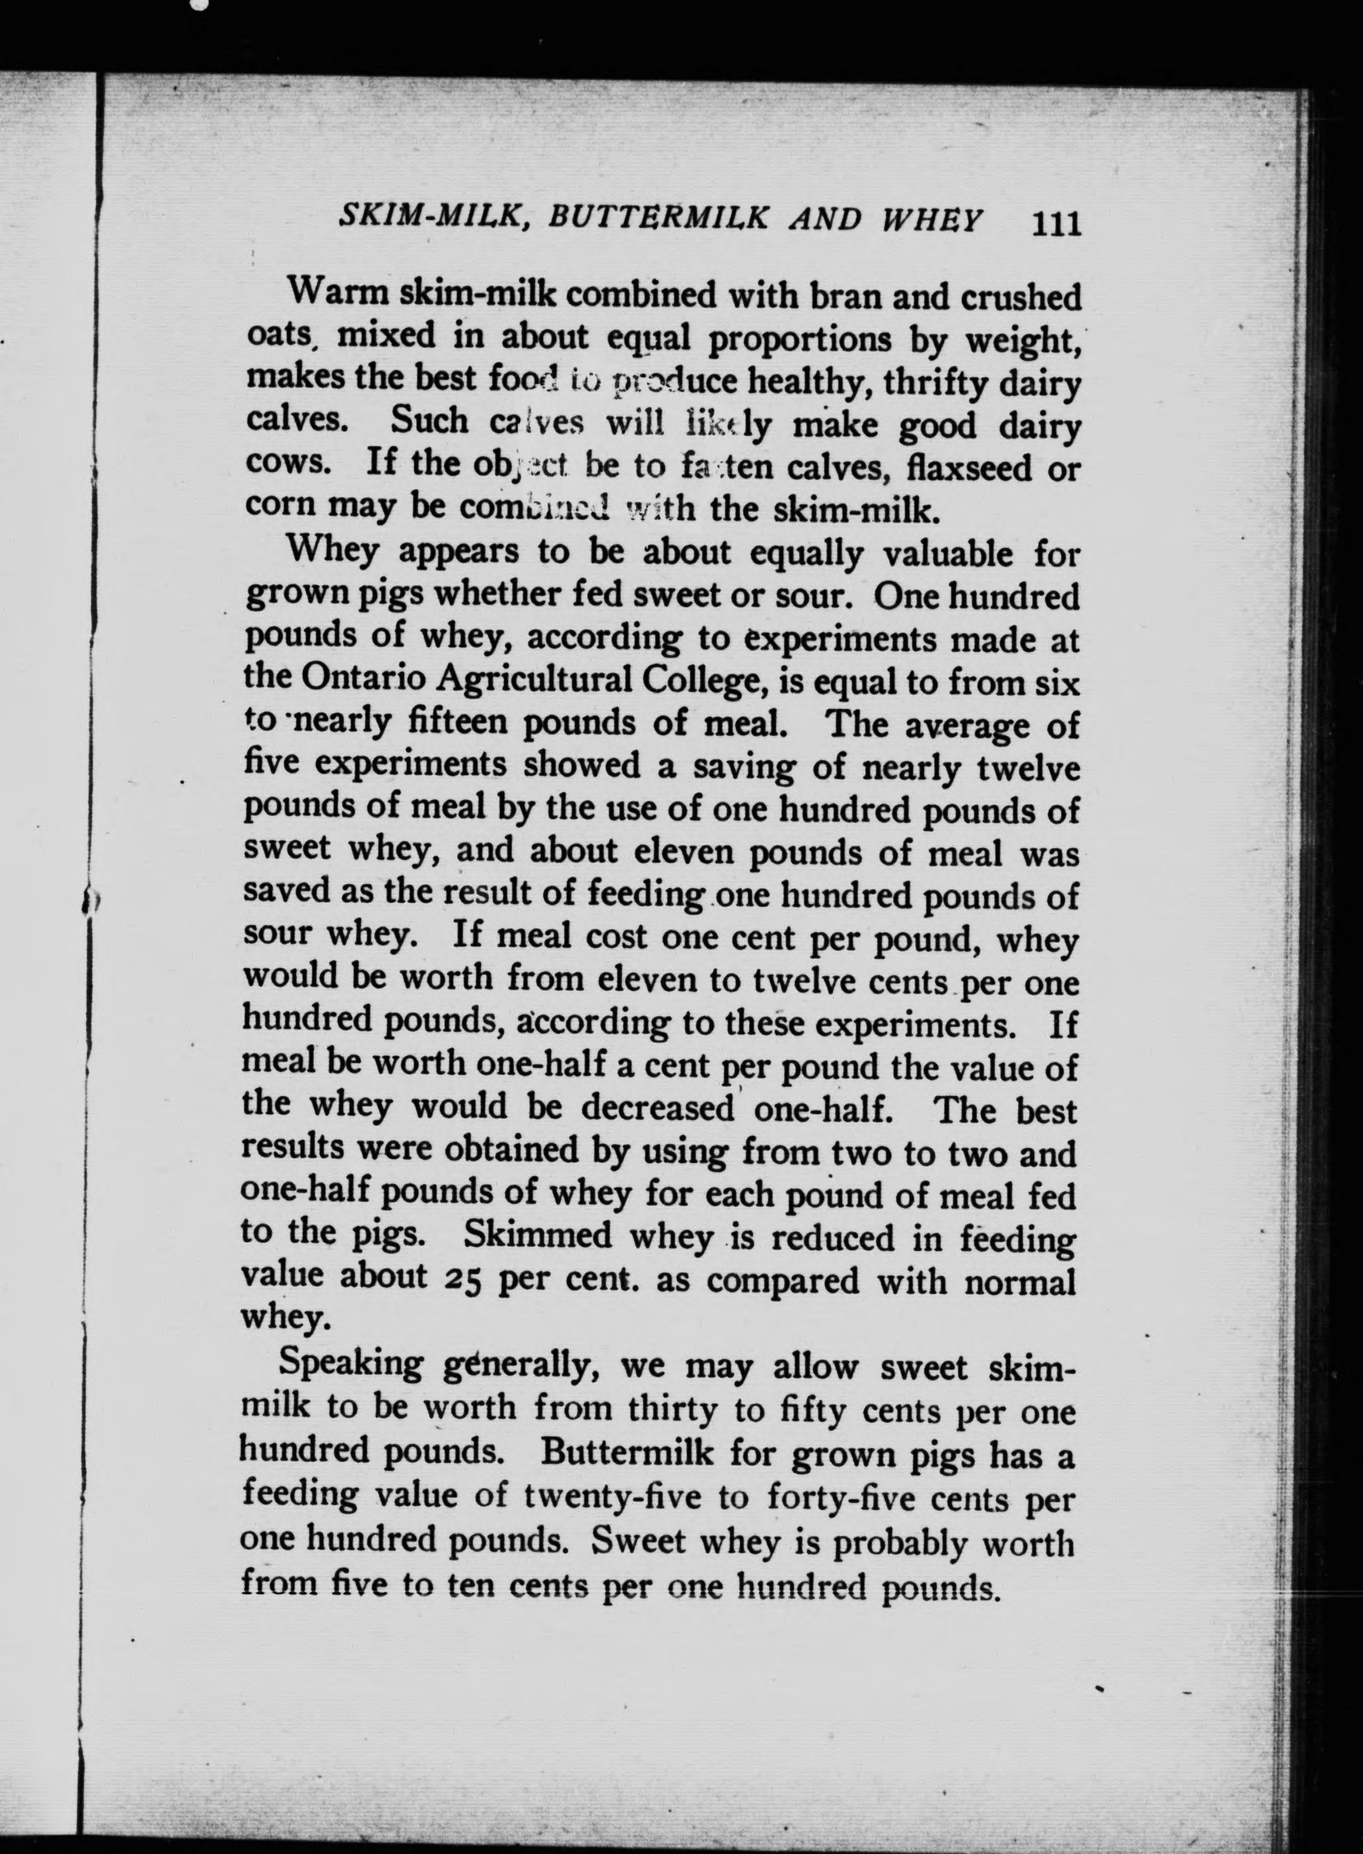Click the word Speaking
click(x=351, y=1365)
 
